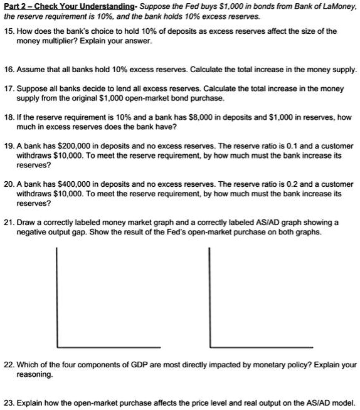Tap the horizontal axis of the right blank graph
coord(257,347)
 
